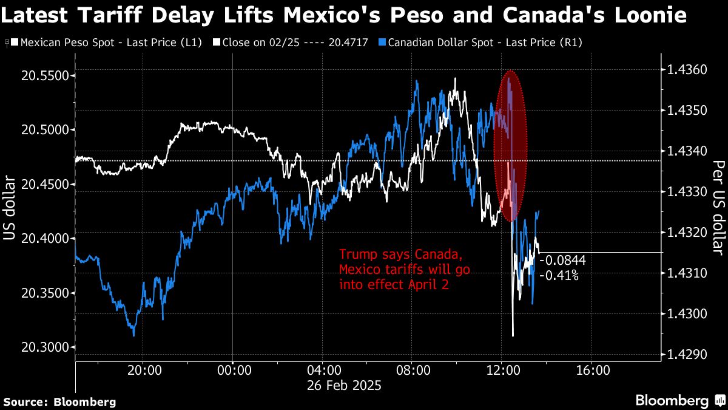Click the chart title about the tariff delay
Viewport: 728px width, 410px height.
coord(345,15)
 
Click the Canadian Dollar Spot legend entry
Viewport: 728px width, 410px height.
coord(482,43)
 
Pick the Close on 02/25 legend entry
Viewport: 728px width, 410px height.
coord(291,43)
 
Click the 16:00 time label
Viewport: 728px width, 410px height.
coord(591,370)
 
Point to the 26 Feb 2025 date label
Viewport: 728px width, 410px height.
coord(343,385)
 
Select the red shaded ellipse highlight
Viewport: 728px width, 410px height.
coord(510,146)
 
